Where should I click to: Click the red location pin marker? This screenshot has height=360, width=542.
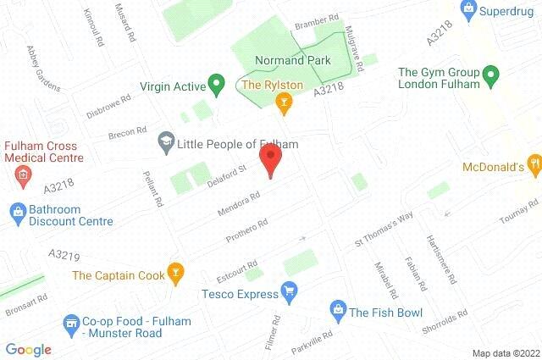(270, 159)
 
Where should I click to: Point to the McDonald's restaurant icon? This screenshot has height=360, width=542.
(534, 164)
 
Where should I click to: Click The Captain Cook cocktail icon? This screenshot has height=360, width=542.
(175, 273)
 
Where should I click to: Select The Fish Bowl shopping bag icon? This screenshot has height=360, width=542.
(337, 307)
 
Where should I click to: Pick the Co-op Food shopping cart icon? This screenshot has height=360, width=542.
(70, 322)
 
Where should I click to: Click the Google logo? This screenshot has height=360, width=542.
(29, 349)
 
